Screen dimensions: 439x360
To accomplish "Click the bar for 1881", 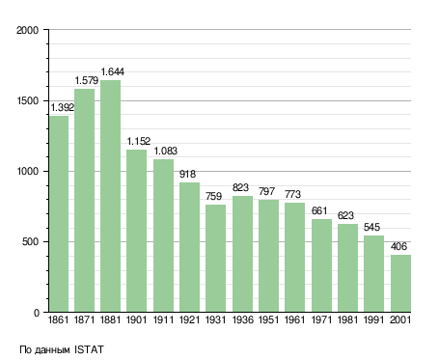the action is pyautogui.click(x=110, y=196).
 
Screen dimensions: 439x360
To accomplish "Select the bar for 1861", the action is pyautogui.click(x=59, y=214).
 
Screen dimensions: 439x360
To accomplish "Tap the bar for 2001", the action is pyautogui.click(x=400, y=284).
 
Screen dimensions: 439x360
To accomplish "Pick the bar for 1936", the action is pyautogui.click(x=242, y=254).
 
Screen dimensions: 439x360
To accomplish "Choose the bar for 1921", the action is pyautogui.click(x=189, y=247).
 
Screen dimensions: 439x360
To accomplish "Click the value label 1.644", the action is pyautogui.click(x=113, y=71).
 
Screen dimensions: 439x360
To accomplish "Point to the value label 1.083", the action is pyautogui.click(x=166, y=151).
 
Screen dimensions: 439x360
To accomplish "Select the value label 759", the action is pyautogui.click(x=213, y=196).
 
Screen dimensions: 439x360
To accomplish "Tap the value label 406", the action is pyautogui.click(x=398, y=246).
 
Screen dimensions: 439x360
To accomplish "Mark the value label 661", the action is pyautogui.click(x=319, y=210).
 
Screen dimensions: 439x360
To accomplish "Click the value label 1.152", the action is pyautogui.click(x=139, y=141).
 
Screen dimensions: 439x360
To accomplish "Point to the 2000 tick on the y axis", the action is pyautogui.click(x=27, y=30).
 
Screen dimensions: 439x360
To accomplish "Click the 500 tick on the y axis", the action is pyautogui.click(x=30, y=241).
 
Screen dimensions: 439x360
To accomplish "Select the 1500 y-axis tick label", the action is pyautogui.click(x=27, y=100).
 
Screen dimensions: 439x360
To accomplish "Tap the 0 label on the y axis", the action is pyautogui.click(x=36, y=313).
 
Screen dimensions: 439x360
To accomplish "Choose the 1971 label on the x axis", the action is pyautogui.click(x=321, y=319).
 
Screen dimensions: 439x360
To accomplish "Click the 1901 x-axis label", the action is pyautogui.click(x=136, y=319).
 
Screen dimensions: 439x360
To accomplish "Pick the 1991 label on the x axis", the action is pyautogui.click(x=373, y=319).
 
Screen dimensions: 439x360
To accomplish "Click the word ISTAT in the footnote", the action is pyautogui.click(x=89, y=349).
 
